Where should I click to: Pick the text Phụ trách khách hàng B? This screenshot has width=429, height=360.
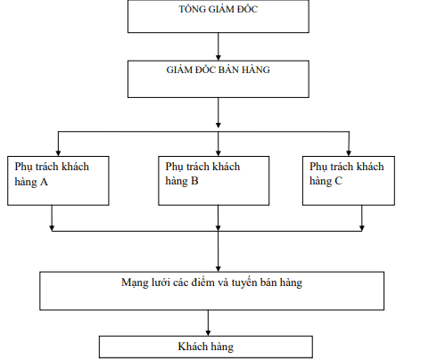(202, 174)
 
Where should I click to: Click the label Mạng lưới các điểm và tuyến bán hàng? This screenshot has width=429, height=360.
(213, 282)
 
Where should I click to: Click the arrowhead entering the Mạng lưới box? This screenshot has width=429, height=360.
(218, 267)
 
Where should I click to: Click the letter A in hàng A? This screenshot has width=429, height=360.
(44, 181)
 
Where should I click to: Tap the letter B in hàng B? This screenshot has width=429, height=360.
(194, 181)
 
